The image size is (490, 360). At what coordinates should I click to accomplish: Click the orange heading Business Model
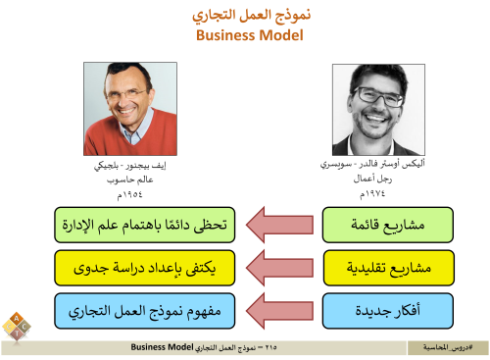point(244,35)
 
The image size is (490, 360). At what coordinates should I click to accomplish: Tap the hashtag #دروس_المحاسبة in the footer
point(447,348)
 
